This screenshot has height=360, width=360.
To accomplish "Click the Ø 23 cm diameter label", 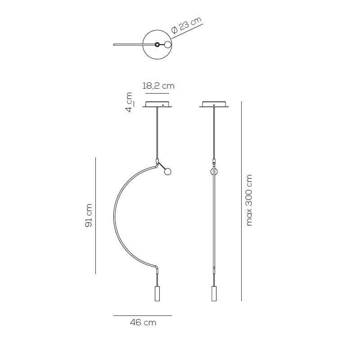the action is point(186,25).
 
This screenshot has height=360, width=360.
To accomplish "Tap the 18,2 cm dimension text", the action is point(158,86).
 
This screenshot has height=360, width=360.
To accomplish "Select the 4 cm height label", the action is point(129,102).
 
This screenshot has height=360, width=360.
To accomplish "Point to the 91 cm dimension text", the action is point(88,216).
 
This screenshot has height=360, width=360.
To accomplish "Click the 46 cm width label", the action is point(143,323).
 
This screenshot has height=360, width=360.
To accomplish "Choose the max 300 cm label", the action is point(249,200).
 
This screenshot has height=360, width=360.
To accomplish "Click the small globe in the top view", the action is point(168,45).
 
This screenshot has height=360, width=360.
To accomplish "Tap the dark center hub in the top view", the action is point(157,45).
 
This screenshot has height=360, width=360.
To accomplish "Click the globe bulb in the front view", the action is point(168,171).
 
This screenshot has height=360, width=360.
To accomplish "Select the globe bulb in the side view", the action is point(214,171).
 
